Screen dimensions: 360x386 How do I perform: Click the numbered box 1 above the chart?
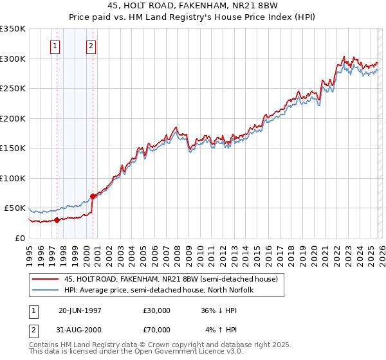(55, 46)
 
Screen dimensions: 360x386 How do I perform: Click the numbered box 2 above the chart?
(91, 46)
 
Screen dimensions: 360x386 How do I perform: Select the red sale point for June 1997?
(57, 220)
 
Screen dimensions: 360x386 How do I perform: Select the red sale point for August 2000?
(93, 196)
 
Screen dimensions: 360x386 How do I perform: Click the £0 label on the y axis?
(20, 238)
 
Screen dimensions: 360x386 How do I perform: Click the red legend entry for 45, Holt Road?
(170, 280)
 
